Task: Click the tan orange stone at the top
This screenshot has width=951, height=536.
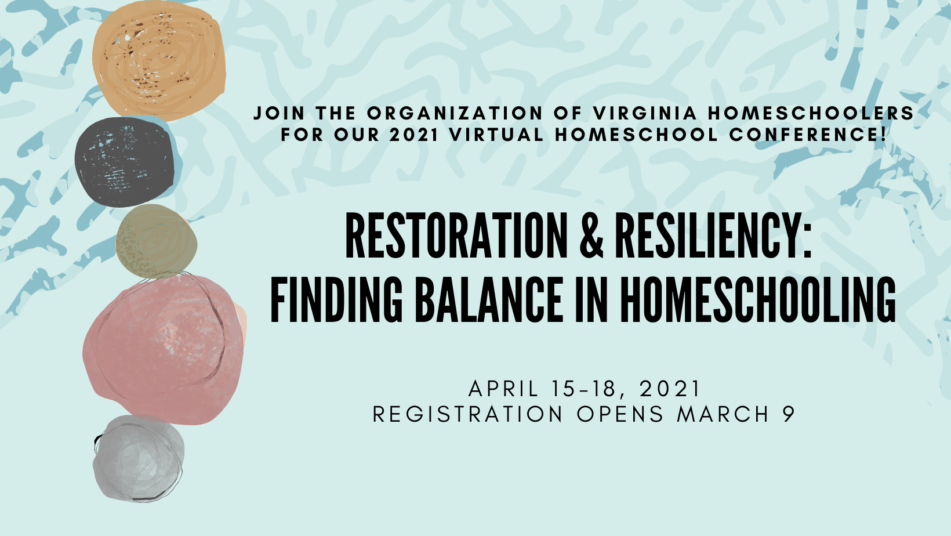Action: point(159,60)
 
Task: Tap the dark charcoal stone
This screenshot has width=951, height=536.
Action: point(125,162)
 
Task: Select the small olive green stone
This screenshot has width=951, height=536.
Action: point(156,241)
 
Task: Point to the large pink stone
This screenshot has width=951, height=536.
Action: point(164,349)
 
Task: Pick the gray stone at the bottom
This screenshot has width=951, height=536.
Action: point(139,458)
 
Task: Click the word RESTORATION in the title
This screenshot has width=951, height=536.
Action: point(456,236)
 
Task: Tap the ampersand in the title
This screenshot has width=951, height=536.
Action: point(591,236)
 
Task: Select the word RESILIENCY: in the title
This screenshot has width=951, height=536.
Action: point(713,236)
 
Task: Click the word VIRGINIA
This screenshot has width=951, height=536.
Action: point(645,113)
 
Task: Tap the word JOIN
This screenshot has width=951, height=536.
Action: point(279,113)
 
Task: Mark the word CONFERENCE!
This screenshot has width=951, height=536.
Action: point(808,134)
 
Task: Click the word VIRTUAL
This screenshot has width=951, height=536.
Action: point(496,134)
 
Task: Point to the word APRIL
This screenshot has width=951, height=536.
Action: point(503,389)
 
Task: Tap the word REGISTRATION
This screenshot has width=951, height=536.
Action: point(467,414)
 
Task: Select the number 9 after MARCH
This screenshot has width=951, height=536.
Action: point(789,414)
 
